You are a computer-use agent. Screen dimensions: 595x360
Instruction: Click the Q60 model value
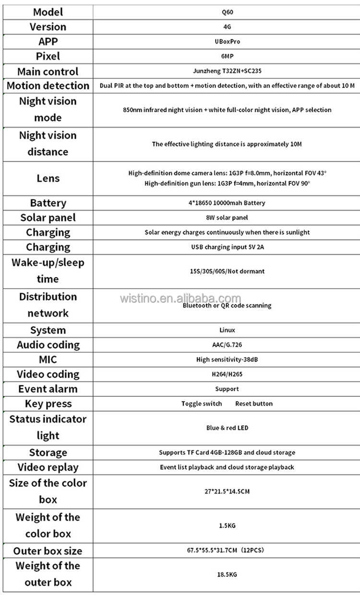pyautogui.click(x=227, y=12)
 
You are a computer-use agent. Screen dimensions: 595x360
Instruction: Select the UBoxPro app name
pyautogui.click(x=227, y=41)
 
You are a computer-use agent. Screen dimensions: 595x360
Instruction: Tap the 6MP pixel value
pyautogui.click(x=227, y=56)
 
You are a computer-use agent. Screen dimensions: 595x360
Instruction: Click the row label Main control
pyautogui.click(x=48, y=71)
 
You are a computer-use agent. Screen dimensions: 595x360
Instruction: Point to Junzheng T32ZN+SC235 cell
pyautogui.click(x=227, y=71)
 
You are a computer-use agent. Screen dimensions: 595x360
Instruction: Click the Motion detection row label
pyautogui.click(x=48, y=86)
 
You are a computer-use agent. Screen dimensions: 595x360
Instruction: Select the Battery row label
pyautogui.click(x=48, y=203)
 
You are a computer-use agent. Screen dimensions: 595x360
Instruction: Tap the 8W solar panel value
pyautogui.click(x=227, y=217)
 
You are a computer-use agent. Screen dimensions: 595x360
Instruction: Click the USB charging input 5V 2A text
pyautogui.click(x=227, y=247)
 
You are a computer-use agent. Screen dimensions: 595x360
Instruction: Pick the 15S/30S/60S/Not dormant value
pyautogui.click(x=227, y=271)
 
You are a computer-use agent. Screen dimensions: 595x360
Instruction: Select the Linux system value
pyautogui.click(x=227, y=330)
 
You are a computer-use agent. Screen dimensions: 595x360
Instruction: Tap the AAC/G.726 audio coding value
pyautogui.click(x=227, y=345)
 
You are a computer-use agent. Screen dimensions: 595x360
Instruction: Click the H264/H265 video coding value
pyautogui.click(x=227, y=374)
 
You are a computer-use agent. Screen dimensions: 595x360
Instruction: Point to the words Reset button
pyautogui.click(x=253, y=404)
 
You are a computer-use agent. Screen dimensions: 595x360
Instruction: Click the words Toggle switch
pyautogui.click(x=202, y=404)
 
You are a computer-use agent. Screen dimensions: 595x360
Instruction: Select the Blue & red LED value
pyautogui.click(x=227, y=428)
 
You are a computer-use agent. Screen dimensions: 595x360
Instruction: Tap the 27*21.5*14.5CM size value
pyautogui.click(x=227, y=491)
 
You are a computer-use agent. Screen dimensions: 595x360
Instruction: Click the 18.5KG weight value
pyautogui.click(x=227, y=574)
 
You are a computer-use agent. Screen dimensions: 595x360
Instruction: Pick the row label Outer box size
pyautogui.click(x=48, y=550)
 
